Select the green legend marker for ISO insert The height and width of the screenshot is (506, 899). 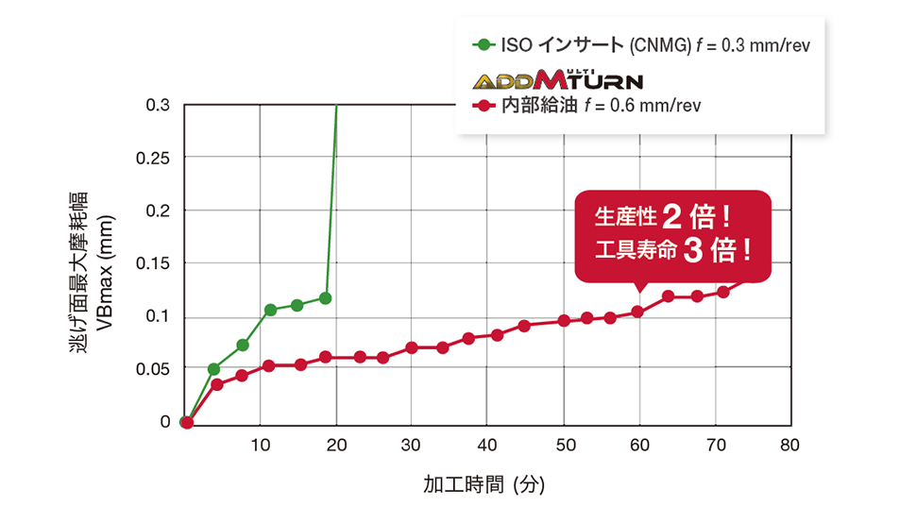pyautogui.click(x=483, y=44)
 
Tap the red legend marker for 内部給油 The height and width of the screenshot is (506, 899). pyautogui.click(x=483, y=105)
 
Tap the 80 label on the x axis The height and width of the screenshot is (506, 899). pyautogui.click(x=789, y=445)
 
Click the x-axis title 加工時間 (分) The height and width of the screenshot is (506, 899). pyautogui.click(x=484, y=485)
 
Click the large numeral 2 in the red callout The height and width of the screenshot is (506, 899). pyautogui.click(x=671, y=217)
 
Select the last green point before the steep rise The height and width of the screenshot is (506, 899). pyautogui.click(x=326, y=298)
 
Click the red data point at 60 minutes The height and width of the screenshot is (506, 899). pyautogui.click(x=637, y=312)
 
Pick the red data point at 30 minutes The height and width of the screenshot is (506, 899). pyautogui.click(x=412, y=347)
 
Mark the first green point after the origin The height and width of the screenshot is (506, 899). pyautogui.click(x=213, y=369)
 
